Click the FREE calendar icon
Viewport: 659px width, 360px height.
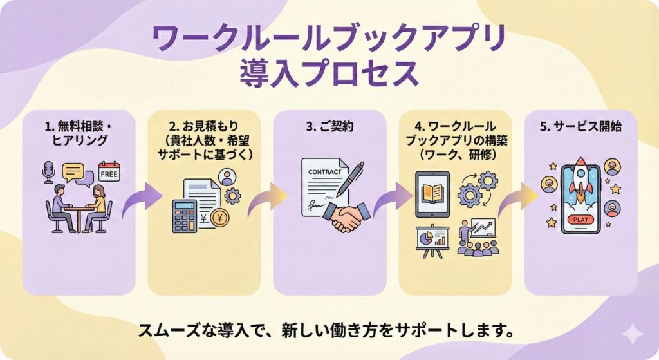coord(109,173)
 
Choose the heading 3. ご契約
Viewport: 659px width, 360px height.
coord(329,127)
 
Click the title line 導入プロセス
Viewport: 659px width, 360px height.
coord(329,74)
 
